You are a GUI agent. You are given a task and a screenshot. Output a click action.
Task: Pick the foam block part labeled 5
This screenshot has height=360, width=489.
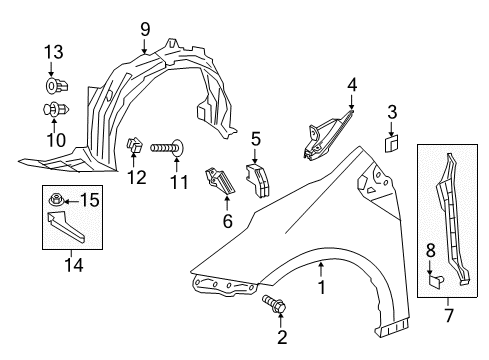262,176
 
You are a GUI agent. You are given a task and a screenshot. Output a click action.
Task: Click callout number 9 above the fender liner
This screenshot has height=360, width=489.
146,28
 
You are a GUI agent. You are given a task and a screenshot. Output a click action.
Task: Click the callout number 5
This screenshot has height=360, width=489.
256,139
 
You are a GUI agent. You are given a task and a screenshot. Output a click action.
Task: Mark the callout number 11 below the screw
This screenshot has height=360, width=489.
178,182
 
